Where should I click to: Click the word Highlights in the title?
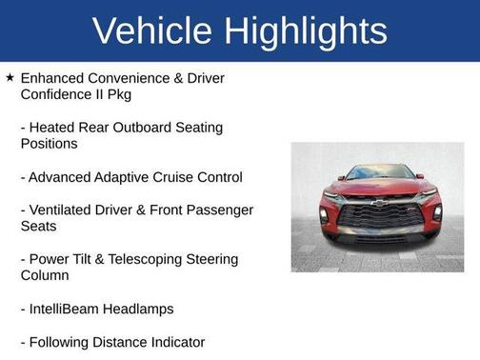click(308, 31)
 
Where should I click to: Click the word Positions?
click(49, 144)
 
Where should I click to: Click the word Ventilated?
click(63, 210)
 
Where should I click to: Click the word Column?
click(45, 276)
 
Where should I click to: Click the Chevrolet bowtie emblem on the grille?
click(378, 203)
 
